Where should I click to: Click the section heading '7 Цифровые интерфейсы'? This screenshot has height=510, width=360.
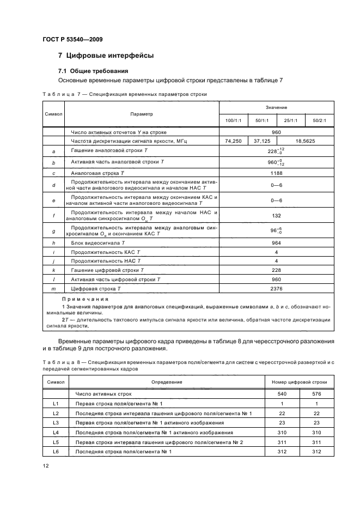click(x=106, y=56)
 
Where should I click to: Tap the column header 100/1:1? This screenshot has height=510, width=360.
click(x=233, y=120)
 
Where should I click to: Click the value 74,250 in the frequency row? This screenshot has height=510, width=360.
click(x=233, y=141)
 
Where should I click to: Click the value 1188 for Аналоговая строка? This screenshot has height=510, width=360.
click(x=276, y=173)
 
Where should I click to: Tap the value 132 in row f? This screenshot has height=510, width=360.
click(x=276, y=215)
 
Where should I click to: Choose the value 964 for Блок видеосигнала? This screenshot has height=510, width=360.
click(x=276, y=243)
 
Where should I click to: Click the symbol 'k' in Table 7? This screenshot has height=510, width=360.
click(x=53, y=270)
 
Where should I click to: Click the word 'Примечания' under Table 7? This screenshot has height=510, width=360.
click(x=85, y=299)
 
